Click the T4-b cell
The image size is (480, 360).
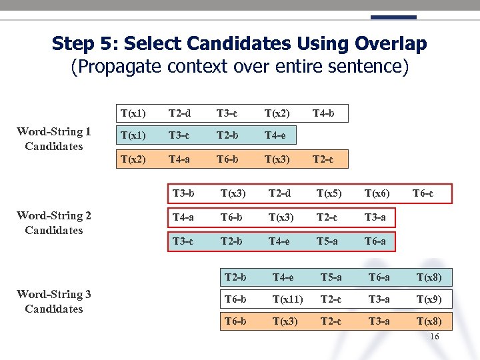click(x=323, y=114)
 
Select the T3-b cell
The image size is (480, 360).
click(x=183, y=194)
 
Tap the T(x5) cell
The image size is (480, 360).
click(x=329, y=194)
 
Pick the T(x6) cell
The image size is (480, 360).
click(x=377, y=194)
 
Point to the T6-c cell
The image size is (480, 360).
click(x=423, y=194)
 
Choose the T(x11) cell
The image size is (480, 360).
click(x=287, y=299)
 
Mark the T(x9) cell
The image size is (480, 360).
click(x=429, y=299)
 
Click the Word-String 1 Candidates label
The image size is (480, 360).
click(x=53, y=139)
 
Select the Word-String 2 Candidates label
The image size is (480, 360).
click(x=53, y=223)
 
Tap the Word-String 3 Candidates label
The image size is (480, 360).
click(x=53, y=301)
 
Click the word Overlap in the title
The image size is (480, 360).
click(x=391, y=44)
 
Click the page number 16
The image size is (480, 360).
click(x=434, y=337)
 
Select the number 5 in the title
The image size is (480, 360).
click(x=107, y=44)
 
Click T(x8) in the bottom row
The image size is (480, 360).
click(x=429, y=321)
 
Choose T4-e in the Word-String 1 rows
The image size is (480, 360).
click(x=275, y=137)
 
